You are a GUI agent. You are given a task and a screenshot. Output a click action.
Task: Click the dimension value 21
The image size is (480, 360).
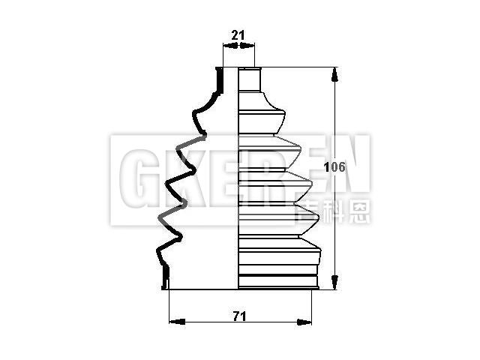pyautogui.click(x=238, y=35)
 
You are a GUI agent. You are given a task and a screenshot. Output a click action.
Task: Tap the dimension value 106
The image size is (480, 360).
pyautogui.click(x=334, y=167)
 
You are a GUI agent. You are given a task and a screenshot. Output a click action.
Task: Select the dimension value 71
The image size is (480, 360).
pyautogui.click(x=239, y=316)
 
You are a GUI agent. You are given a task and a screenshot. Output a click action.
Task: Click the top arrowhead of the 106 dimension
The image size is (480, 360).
pyautogui.click(x=335, y=75)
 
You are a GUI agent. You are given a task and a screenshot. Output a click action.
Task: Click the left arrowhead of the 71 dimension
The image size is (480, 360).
pyautogui.click(x=177, y=322)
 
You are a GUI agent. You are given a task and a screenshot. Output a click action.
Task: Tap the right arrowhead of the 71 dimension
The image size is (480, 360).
pyautogui.click(x=304, y=322)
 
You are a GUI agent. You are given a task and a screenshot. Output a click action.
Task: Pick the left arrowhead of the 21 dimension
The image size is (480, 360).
pyautogui.click(x=230, y=46)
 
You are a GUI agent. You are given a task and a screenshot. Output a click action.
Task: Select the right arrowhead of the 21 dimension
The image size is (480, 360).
pyautogui.click(x=247, y=46)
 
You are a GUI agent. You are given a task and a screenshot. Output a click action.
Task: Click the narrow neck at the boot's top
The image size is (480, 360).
pyautogui.click(x=250, y=79)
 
